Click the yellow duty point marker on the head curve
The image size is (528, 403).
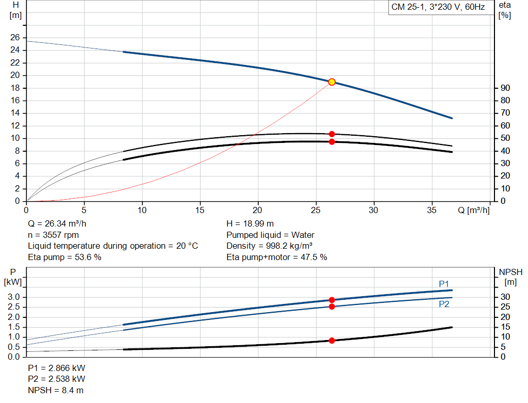(332, 82)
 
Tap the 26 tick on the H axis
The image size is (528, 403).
(15, 38)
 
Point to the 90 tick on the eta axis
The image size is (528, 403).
(505, 88)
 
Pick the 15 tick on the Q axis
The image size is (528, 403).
(200, 211)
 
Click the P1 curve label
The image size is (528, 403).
(444, 284)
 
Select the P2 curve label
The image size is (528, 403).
(444, 304)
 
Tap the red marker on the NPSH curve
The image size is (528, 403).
(332, 341)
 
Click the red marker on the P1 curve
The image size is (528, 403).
(332, 300)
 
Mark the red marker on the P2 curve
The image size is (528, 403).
(332, 307)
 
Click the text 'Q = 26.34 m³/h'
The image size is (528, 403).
(57, 224)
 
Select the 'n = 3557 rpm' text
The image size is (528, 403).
(53, 235)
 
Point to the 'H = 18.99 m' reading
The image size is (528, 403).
(250, 224)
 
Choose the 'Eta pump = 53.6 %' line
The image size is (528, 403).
(64, 257)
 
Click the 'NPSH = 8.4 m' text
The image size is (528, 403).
(55, 390)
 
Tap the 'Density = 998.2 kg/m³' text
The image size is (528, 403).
(270, 246)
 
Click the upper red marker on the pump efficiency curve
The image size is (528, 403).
(332, 134)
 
